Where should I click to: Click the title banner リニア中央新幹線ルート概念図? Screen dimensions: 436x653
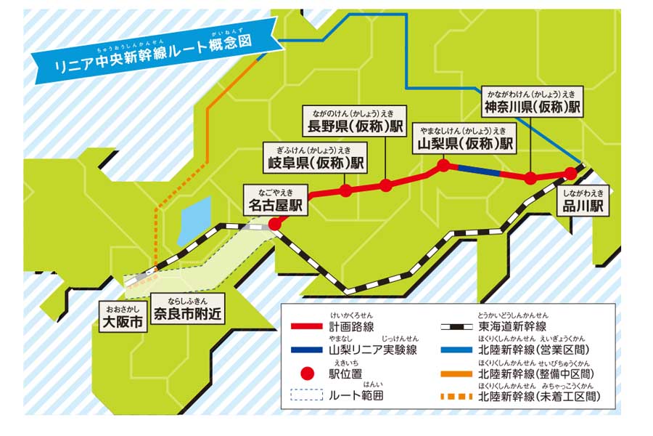(x=157, y=56)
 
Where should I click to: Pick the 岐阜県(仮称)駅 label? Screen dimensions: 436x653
(x=315, y=162)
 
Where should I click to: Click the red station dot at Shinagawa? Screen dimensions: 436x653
(x=571, y=173)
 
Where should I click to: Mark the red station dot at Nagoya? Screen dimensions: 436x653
(x=275, y=225)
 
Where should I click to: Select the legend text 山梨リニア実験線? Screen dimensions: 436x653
(x=373, y=350)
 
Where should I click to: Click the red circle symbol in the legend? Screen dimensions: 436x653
(x=307, y=374)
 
